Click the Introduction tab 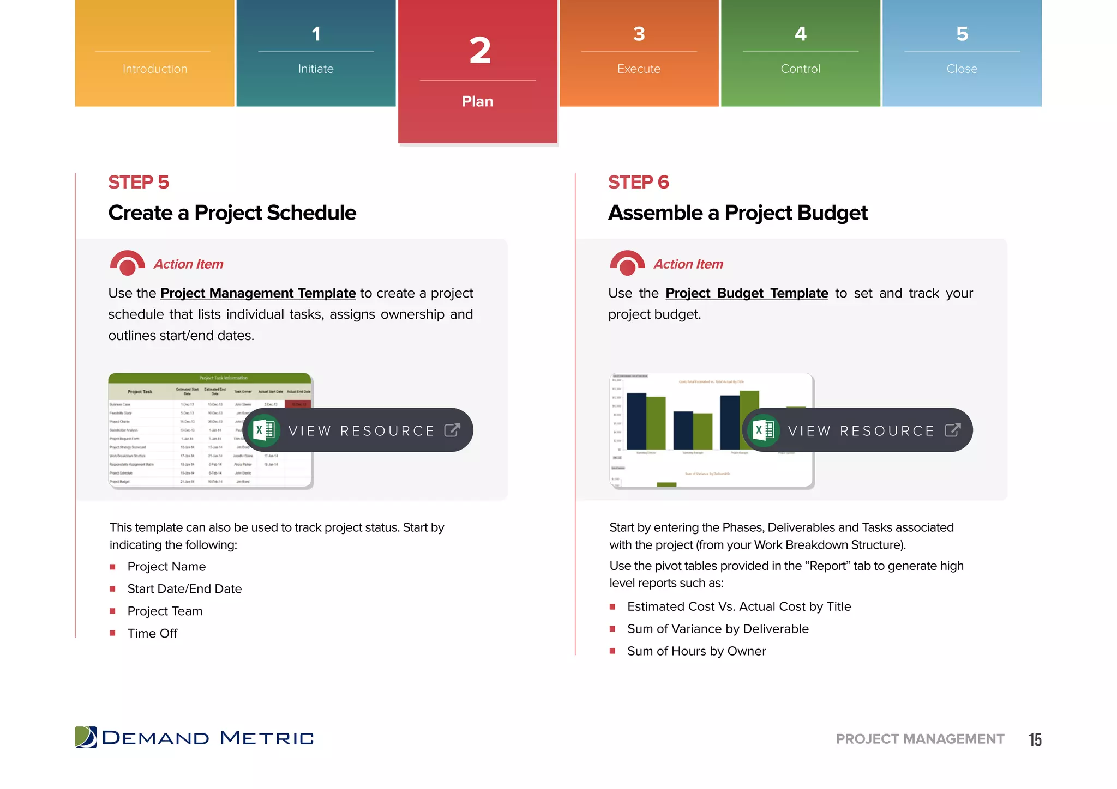coord(155,53)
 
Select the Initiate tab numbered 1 coord(316,53)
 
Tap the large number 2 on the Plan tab coord(479,51)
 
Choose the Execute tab coord(639,53)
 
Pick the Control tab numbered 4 coord(800,53)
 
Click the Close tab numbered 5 coord(962,53)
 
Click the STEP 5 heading coord(139,182)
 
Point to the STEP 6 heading coord(638,182)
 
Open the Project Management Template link coord(258,293)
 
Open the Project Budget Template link coord(747,293)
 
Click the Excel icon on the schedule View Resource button coord(265,430)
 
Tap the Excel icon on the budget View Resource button coord(764,430)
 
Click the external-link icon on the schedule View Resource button coord(452,430)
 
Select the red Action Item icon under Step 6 coord(627,263)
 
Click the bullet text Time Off coord(152,633)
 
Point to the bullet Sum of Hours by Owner coord(696,651)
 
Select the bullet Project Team coord(165,611)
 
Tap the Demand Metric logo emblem coord(86,737)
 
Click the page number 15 coord(1035,739)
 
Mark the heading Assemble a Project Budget coord(737,213)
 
